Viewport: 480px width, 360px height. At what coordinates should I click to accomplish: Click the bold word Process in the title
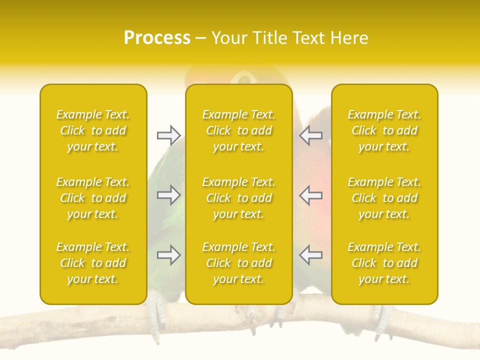[x=157, y=38]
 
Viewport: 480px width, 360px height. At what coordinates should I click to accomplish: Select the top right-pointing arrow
[x=168, y=135]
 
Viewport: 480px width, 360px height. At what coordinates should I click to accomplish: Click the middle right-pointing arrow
[x=168, y=195]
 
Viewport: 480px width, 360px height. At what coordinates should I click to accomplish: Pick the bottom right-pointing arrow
[x=168, y=255]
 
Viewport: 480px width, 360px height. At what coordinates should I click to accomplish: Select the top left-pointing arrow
[x=310, y=135]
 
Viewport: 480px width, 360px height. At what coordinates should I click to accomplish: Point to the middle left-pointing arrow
[x=310, y=195]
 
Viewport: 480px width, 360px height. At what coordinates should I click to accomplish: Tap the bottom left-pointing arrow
[x=310, y=255]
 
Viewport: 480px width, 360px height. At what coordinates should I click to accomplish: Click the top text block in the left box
[x=93, y=130]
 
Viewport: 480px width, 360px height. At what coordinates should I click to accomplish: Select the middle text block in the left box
[x=93, y=198]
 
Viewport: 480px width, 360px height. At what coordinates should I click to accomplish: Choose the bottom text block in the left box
[x=93, y=263]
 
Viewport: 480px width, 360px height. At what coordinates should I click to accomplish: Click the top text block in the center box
[x=238, y=130]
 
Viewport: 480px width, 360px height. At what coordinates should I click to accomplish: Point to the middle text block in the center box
[x=238, y=198]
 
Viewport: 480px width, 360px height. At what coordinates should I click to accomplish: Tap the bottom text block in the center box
[x=238, y=263]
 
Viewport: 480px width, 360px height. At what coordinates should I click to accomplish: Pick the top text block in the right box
[x=384, y=130]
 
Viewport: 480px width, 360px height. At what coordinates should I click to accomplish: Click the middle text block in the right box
[x=384, y=198]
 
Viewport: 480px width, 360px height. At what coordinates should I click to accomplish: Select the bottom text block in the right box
[x=384, y=263]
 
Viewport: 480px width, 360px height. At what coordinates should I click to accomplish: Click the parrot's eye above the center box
[x=244, y=78]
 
